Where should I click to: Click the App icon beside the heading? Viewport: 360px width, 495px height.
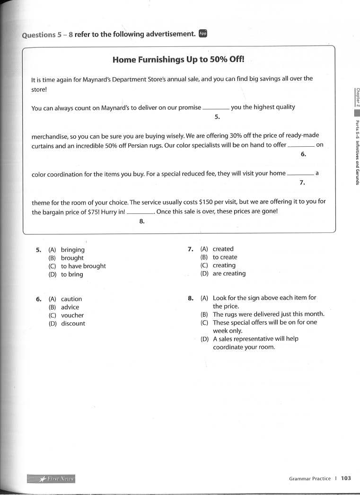(x=203, y=34)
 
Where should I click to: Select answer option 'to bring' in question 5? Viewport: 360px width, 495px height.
(x=72, y=274)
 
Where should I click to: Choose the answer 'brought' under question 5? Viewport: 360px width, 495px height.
(x=72, y=258)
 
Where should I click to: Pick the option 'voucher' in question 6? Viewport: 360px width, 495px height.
(x=72, y=315)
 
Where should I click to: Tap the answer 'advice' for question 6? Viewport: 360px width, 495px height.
(x=70, y=307)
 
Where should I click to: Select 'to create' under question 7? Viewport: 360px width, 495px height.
(x=225, y=257)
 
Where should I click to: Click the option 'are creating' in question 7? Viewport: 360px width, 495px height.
(x=229, y=274)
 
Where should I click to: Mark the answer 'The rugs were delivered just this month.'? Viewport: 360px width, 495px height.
(x=268, y=314)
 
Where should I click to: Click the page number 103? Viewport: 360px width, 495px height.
(x=346, y=478)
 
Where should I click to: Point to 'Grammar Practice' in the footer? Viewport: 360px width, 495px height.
(x=310, y=478)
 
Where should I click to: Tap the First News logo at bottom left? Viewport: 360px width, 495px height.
(x=52, y=479)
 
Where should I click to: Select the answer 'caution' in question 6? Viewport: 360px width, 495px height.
(x=71, y=299)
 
